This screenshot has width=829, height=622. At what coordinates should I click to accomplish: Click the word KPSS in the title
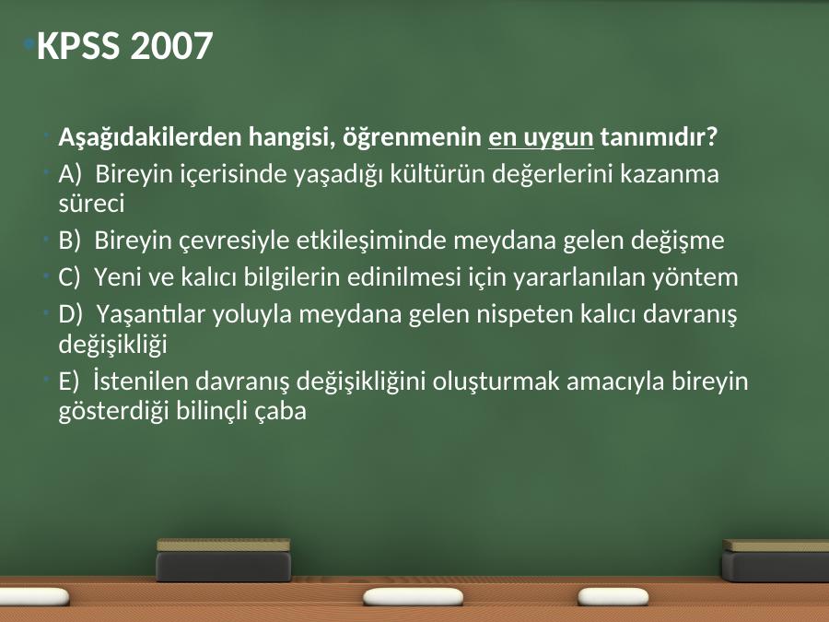[78, 45]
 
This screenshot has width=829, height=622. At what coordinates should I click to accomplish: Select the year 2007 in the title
[171, 45]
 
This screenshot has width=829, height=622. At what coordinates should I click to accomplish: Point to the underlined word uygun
[558, 138]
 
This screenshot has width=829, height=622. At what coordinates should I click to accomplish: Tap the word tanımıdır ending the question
[659, 137]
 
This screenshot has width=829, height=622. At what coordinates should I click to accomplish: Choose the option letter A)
[70, 174]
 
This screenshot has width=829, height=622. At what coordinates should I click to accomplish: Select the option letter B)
[69, 241]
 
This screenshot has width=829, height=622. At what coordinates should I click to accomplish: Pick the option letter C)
[69, 277]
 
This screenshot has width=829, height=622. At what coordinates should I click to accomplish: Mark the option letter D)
[70, 315]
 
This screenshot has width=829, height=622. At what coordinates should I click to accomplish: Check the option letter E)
[68, 381]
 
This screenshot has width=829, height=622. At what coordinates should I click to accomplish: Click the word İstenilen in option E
[141, 381]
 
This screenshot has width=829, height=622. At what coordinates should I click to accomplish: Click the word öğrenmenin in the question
[413, 138]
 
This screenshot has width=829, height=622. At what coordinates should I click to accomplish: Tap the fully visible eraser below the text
[224, 559]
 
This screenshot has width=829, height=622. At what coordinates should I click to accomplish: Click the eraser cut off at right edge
[776, 560]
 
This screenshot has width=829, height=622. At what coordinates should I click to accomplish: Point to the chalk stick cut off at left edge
[34, 597]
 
